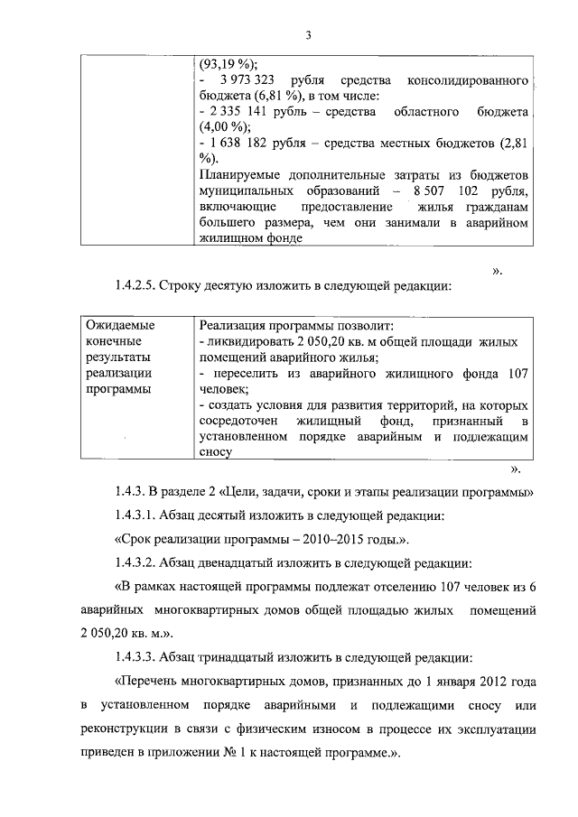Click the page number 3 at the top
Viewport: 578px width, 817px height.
point(307,35)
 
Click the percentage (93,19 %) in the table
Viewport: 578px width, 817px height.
point(228,64)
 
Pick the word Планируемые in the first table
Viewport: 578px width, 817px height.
point(237,173)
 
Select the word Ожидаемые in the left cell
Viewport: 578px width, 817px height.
point(119,325)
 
